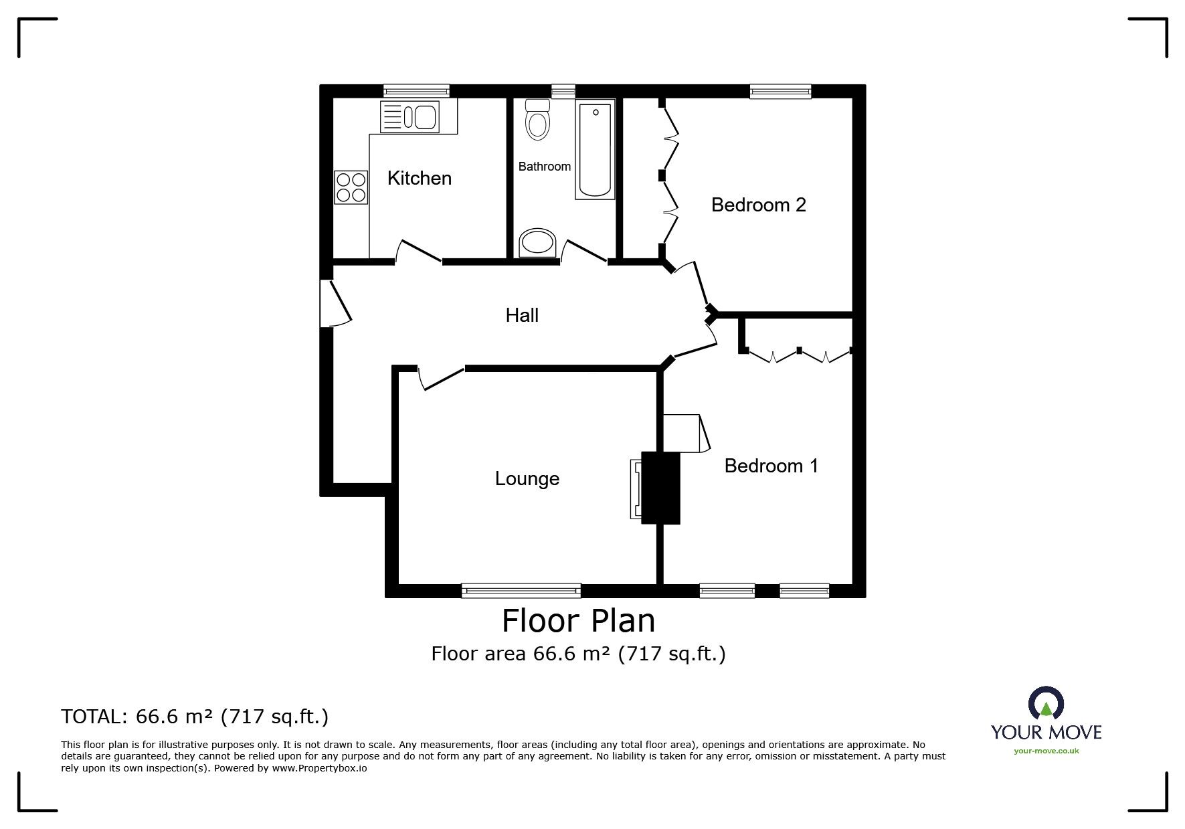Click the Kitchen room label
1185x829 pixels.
[x=420, y=178]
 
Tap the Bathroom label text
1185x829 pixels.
[x=544, y=167]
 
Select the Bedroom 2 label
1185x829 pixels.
[x=758, y=205]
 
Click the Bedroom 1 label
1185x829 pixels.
[x=771, y=466]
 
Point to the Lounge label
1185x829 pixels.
[x=527, y=478]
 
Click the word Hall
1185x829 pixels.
[x=522, y=315]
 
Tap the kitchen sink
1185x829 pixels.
[x=410, y=117]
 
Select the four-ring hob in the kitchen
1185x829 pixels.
[x=351, y=187]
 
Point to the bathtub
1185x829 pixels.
[x=595, y=151]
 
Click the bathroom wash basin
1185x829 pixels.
[x=537, y=243]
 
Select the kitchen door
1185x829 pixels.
[x=419, y=252]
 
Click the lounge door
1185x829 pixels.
[x=440, y=377]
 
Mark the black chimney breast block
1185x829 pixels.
[x=660, y=488]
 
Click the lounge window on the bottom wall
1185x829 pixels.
[x=521, y=589]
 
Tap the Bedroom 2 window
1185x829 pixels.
[x=780, y=92]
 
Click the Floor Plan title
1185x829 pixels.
[x=578, y=620]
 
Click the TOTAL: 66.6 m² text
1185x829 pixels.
[x=195, y=717]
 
